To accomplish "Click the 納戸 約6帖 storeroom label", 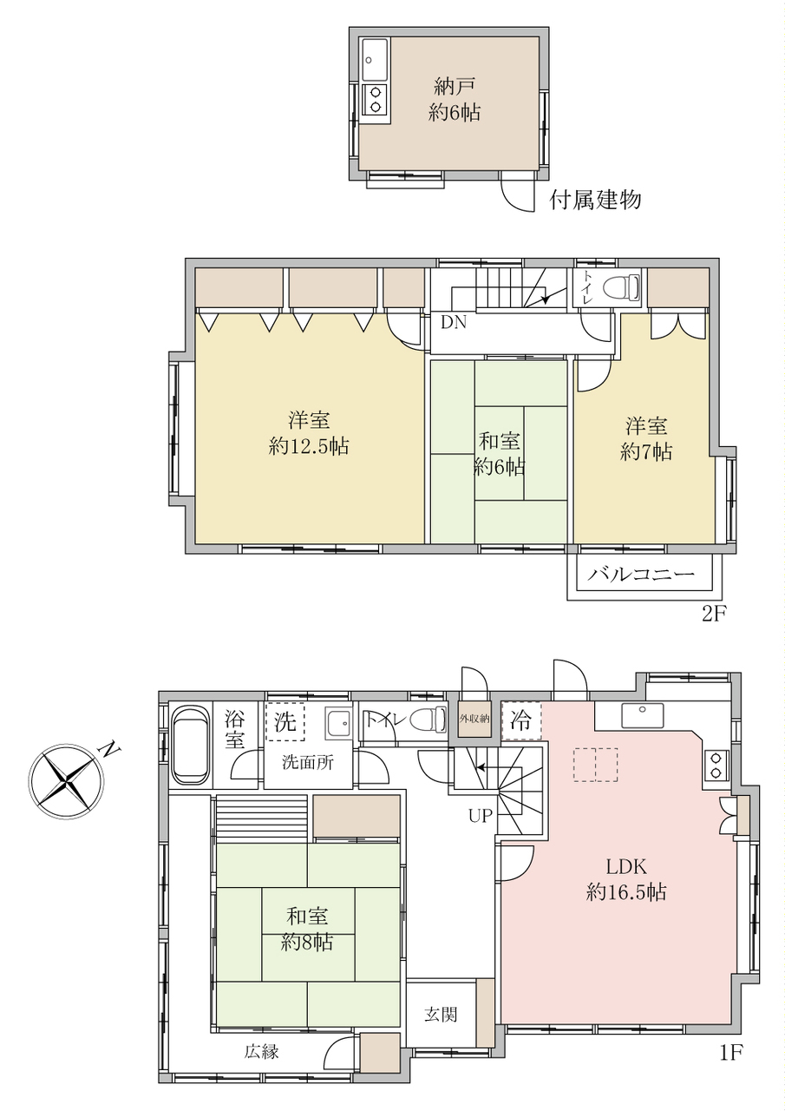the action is [x=455, y=100].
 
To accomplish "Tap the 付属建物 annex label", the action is [x=595, y=200].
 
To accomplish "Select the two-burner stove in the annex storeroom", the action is [x=374, y=99].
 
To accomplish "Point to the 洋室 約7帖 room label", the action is [x=646, y=439].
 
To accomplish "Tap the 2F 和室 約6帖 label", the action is [x=499, y=453].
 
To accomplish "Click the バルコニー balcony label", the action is [x=642, y=575].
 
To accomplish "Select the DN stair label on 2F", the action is [x=454, y=323].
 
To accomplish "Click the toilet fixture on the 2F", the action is [x=619, y=286].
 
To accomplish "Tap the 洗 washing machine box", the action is [x=285, y=722].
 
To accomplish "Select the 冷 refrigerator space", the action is [x=521, y=721].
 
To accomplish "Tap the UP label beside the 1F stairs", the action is [x=481, y=816].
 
